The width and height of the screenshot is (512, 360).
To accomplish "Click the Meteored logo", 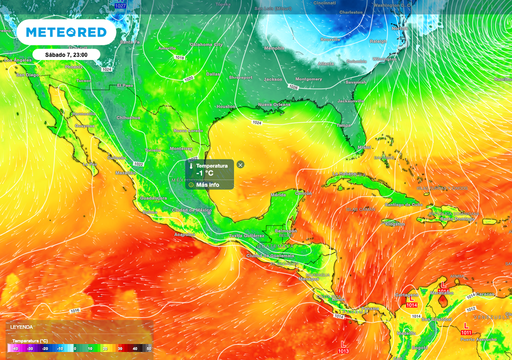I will (x=66, y=32).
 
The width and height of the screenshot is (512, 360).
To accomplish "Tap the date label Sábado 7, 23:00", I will (x=66, y=54).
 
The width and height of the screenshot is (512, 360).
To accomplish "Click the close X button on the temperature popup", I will (x=240, y=164).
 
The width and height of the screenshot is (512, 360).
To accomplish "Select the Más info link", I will (x=207, y=184).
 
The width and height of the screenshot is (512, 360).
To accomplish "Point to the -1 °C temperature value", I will (x=205, y=173).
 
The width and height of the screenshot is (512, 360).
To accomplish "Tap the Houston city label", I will (x=225, y=106).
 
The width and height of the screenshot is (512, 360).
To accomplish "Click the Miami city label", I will (x=364, y=147).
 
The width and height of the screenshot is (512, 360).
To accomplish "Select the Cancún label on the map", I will (x=303, y=193).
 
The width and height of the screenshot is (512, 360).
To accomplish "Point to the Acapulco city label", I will (x=184, y=234).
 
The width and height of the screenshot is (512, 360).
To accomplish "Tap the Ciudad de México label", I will (x=191, y=210).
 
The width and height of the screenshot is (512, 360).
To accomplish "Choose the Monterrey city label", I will (x=181, y=148).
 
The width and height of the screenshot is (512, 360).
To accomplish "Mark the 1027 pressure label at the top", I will (x=120, y=5).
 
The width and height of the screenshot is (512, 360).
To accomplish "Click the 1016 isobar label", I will (x=74, y=310).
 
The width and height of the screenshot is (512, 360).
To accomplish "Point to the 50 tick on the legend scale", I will (x=148, y=348).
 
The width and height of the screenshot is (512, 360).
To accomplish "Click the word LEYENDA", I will (x=22, y=327).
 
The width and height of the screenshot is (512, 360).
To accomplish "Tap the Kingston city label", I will (x=395, y=224).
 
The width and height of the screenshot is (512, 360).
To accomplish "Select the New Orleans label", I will (x=273, y=104).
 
